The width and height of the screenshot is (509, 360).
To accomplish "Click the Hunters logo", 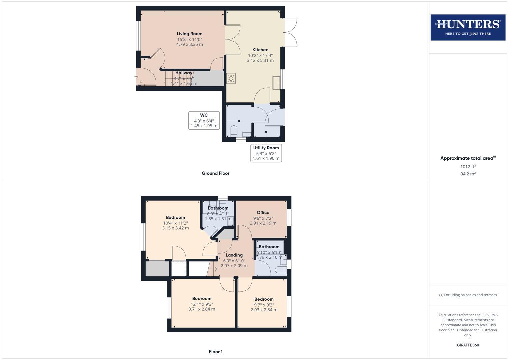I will point(468,27).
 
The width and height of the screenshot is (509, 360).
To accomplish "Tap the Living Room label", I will point(189,34).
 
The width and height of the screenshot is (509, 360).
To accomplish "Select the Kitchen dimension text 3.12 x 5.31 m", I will point(260,61).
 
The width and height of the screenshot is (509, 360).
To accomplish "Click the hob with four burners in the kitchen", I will point(231,78).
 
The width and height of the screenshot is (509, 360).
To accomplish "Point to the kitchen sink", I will point(276,83).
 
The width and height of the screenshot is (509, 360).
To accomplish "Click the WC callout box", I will point(204,120).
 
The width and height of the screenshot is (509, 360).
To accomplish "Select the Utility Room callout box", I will point(266,153).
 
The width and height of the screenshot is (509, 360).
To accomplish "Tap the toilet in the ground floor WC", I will point(234,131).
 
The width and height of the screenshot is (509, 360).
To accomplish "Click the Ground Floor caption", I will point(215,173).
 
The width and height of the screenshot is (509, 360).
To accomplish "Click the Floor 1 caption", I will point(215,352).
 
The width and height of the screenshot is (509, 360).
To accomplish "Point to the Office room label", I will point(263,213).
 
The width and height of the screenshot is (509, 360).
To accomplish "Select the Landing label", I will point(234,255).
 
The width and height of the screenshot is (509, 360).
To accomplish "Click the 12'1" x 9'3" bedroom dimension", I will point(202,304).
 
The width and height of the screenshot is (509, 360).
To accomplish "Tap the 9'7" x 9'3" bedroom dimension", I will point(264,305).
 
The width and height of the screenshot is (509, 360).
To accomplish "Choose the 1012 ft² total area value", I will point(468,167).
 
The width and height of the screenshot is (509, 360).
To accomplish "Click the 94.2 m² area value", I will point(468,174).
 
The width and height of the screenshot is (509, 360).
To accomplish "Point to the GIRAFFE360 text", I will point(468,345).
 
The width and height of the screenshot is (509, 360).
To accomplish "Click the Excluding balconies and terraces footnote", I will point(468,295).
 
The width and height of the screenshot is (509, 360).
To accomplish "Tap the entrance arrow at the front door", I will point(136,77).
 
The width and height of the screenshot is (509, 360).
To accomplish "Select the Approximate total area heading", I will point(468,158).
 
